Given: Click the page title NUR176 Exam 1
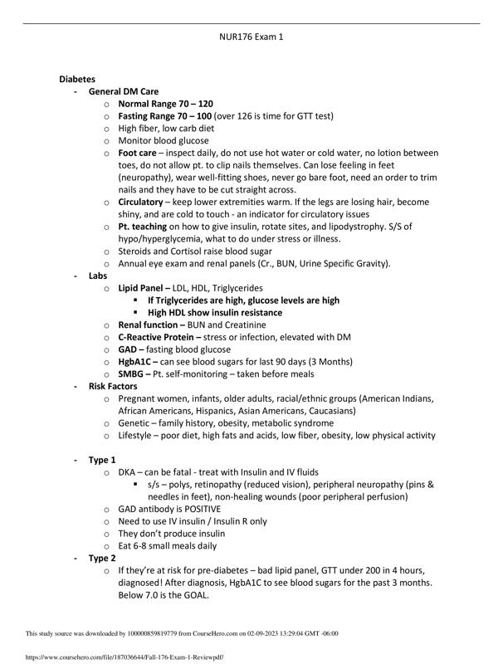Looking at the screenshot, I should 250,37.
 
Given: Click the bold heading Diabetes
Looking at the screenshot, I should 77,79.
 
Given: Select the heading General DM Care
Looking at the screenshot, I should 125,91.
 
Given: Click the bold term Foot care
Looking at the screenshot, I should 137,154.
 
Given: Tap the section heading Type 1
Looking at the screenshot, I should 102,459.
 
